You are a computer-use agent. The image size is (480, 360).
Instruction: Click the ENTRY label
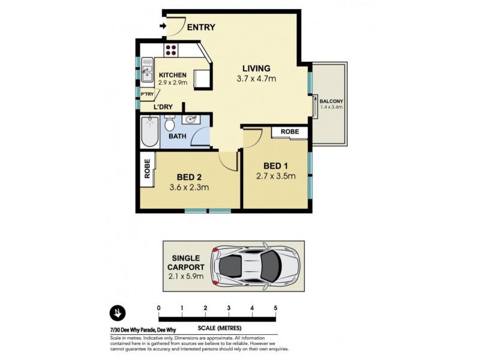pos(201,27)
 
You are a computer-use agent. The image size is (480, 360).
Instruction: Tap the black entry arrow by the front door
pos(163,26)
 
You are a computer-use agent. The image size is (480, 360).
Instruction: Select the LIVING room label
pos(256,68)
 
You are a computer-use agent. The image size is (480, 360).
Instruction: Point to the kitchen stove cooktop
pos(170,50)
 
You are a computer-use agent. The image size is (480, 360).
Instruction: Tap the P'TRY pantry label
pos(146,95)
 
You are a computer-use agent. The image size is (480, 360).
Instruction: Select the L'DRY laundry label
pos(163,107)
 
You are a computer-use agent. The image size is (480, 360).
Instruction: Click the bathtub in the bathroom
pos(149,132)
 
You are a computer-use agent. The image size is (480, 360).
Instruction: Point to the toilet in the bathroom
pos(170,124)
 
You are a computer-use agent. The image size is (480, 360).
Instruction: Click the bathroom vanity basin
pos(191,120)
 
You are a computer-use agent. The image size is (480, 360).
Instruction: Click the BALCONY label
pos(332,101)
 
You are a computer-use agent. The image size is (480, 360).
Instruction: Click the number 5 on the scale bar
pos(275,308)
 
